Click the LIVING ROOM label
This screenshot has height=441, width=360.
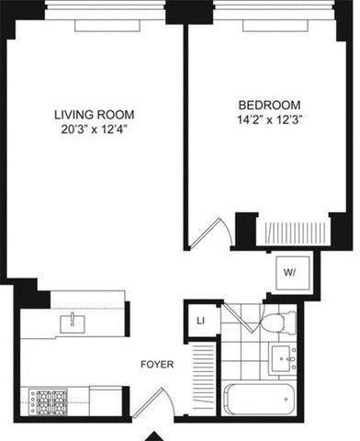pos(94,115)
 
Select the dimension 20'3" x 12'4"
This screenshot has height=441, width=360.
pos(94,130)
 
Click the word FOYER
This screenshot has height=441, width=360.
pos(156,365)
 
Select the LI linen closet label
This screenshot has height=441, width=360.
pos(200,321)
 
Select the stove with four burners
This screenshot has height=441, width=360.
pos(46,400)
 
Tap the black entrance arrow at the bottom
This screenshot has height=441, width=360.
pos(157,435)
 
